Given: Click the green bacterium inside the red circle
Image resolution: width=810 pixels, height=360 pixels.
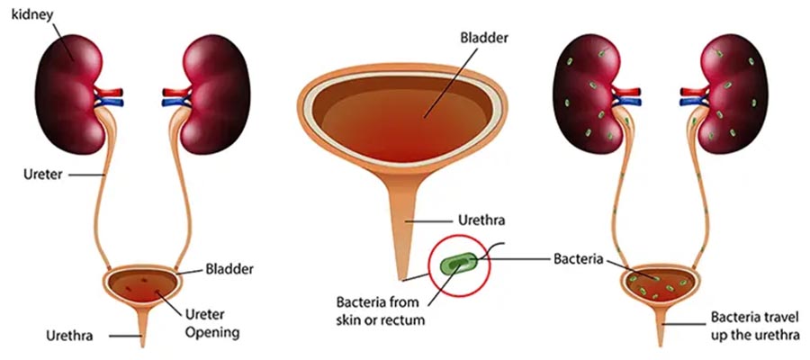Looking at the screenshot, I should [x=461, y=264].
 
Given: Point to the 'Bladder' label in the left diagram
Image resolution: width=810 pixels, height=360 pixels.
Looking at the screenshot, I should [x=229, y=268].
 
